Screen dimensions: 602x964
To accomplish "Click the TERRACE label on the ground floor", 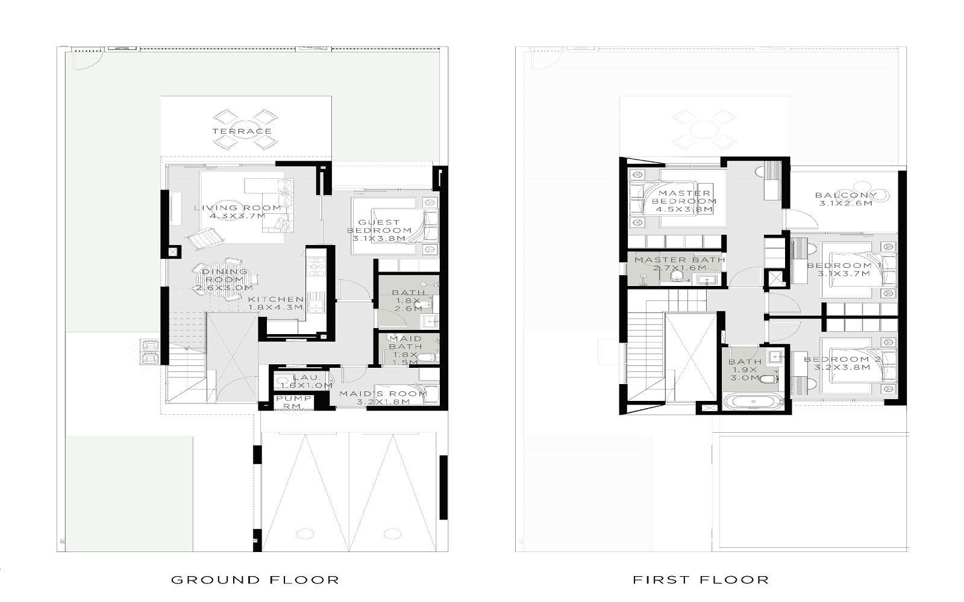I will tap(242, 131).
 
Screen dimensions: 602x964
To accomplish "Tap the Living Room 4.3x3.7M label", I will tap(237, 212).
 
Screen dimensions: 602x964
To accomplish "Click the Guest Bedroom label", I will tap(380, 231).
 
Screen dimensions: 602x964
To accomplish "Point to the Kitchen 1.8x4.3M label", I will tap(275, 303).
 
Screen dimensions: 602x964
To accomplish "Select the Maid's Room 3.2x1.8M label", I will tap(383, 397).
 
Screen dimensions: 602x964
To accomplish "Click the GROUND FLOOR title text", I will tap(255, 580).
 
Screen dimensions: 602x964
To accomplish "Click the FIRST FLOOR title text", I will tap(701, 580).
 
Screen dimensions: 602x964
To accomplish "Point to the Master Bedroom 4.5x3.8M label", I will tap(684, 202).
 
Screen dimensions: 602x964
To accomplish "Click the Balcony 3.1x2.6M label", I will tap(845, 199).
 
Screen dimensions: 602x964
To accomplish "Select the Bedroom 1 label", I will tap(844, 269).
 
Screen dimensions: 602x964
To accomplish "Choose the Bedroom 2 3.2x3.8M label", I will tap(842, 363).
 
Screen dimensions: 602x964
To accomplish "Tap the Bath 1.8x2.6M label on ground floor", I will tap(408, 300).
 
